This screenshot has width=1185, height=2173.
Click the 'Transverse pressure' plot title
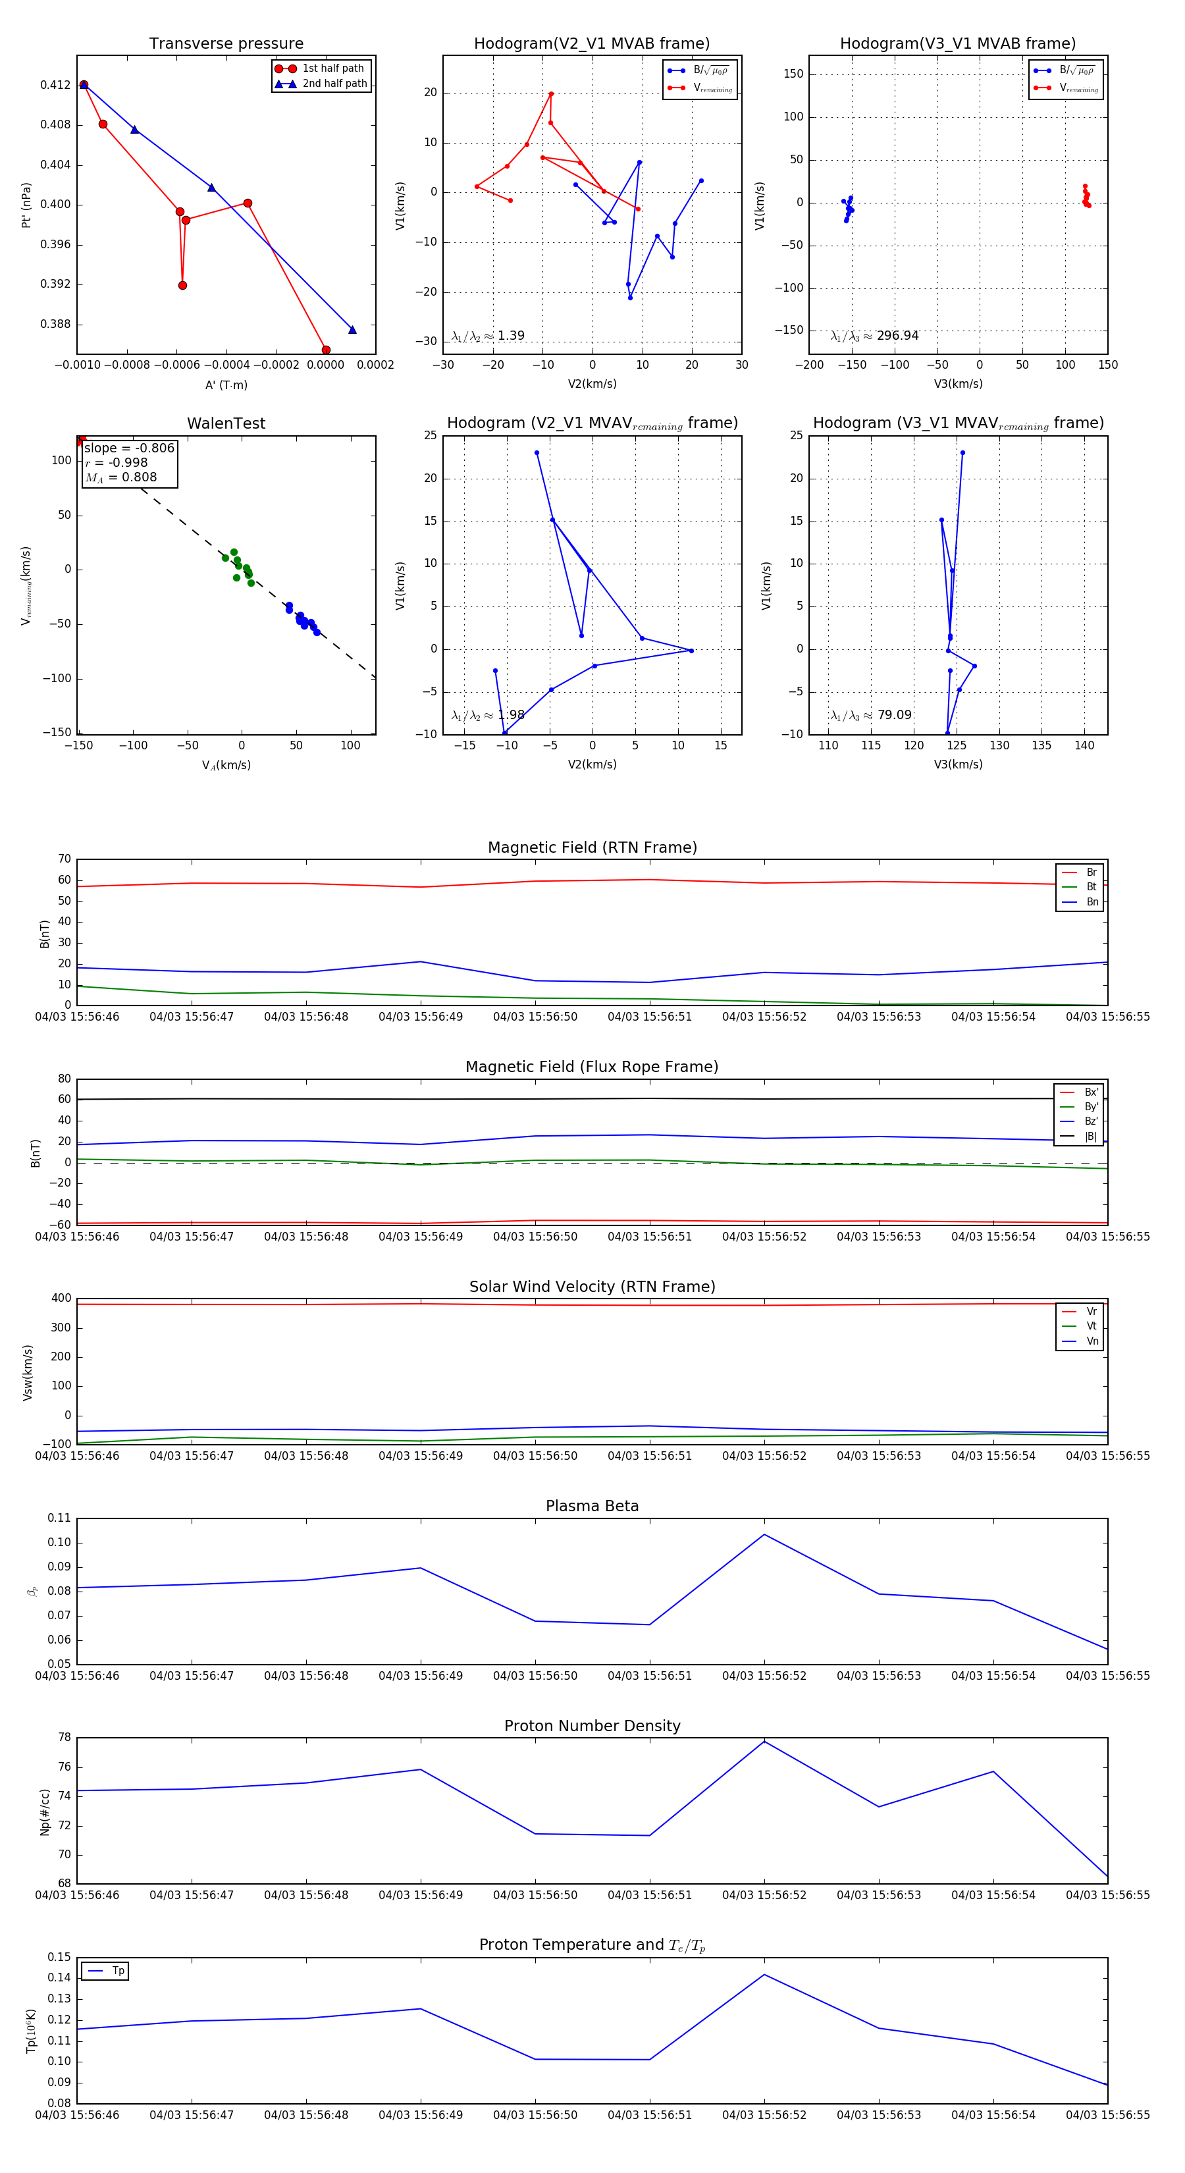[226, 44]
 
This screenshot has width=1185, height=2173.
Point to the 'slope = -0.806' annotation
[129, 448]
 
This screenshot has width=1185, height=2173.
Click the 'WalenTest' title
[226, 423]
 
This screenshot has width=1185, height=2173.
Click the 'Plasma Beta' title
[592, 1506]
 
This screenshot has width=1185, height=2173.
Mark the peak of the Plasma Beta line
[764, 1534]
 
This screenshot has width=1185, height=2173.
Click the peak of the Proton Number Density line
[764, 1741]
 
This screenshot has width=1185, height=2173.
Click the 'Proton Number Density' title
[592, 1725]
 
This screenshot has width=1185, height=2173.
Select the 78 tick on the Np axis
[64, 1737]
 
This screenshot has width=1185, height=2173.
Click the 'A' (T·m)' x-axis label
[226, 385]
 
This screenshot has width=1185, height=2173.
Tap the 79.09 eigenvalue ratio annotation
[871, 715]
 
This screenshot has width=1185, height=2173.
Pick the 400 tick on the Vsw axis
[61, 1299]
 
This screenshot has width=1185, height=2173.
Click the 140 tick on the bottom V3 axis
[1084, 745]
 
